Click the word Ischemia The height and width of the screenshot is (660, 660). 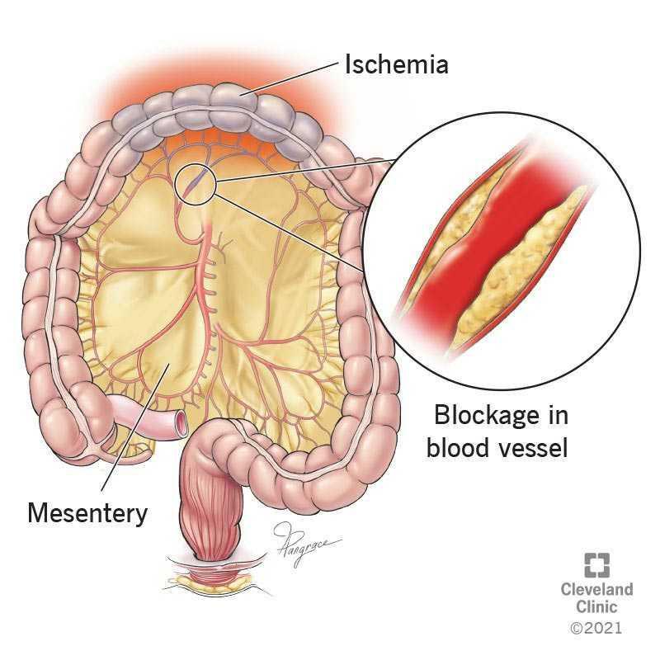(x=397, y=65)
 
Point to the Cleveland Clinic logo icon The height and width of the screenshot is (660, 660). (x=596, y=565)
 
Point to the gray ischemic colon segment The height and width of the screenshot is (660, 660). (x=219, y=111)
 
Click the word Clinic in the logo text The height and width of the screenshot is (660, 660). (x=596, y=606)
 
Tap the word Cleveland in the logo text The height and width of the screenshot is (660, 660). (x=596, y=589)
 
